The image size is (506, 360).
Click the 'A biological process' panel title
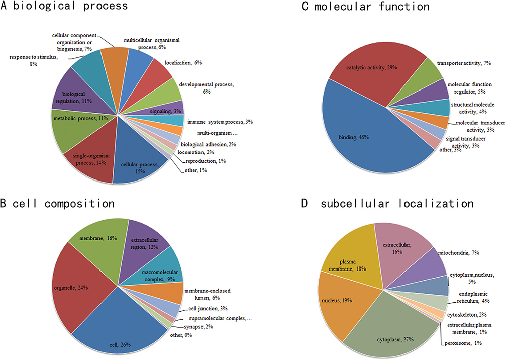coord(65,7)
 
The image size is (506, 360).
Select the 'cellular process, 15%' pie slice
coord(136,163)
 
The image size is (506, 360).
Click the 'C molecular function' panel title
coord(365,7)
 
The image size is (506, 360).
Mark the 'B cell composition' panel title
coord(58,204)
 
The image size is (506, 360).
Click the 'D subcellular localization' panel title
coord(387,204)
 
